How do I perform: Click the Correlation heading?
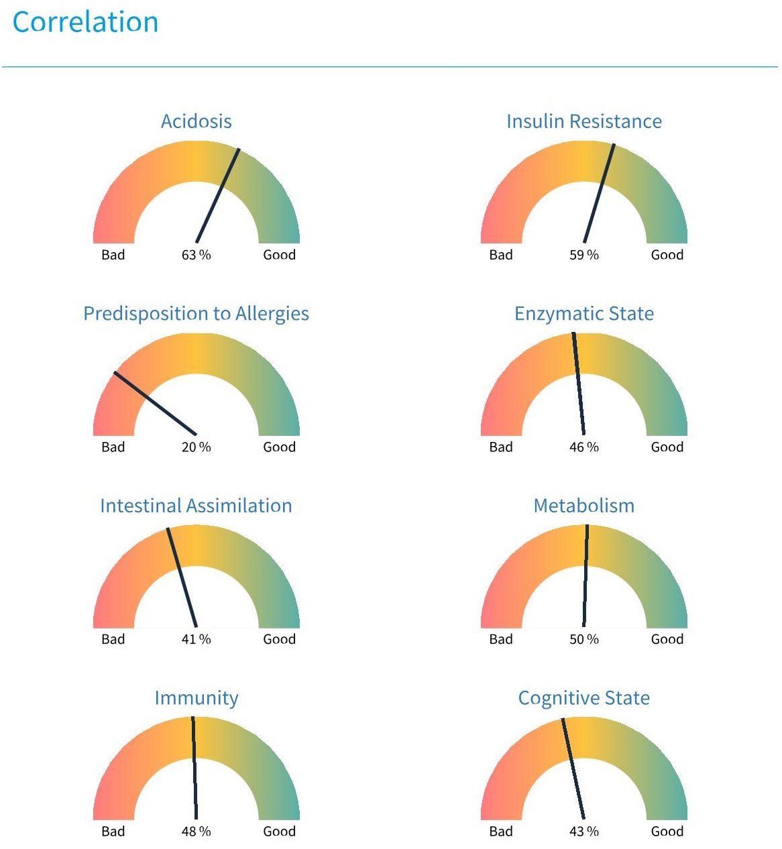(x=85, y=22)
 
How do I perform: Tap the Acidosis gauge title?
(x=197, y=121)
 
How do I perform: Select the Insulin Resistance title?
(x=583, y=121)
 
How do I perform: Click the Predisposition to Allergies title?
(x=196, y=314)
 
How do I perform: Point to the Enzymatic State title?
(x=583, y=314)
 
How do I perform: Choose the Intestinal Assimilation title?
(x=196, y=506)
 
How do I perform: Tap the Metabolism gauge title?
(x=583, y=506)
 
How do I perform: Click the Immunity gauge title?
(x=197, y=698)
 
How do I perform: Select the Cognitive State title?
(x=583, y=698)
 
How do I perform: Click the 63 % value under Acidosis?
(x=196, y=255)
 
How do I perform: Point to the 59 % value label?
(x=583, y=255)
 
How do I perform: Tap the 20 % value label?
(x=196, y=447)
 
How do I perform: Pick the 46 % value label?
(x=583, y=447)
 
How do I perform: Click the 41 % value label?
(x=196, y=639)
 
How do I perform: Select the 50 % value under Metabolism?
(x=583, y=639)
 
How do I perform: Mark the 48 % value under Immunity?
(x=196, y=832)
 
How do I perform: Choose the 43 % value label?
(x=583, y=832)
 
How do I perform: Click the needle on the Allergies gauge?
(x=155, y=403)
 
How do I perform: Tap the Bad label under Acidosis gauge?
(x=113, y=255)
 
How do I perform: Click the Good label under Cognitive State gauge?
(x=667, y=832)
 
